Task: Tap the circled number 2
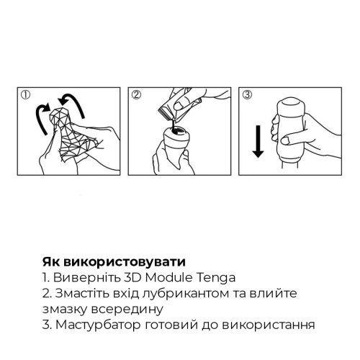[136, 94]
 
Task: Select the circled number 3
[247, 94]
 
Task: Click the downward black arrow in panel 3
[256, 141]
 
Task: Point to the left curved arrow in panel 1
[42, 116]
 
